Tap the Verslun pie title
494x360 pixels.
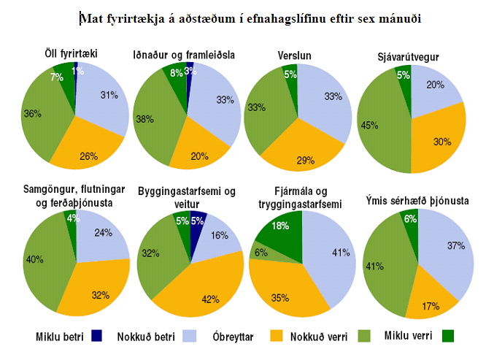pyautogui.click(x=292, y=55)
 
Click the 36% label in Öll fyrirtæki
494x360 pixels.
pyautogui.click(x=33, y=114)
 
